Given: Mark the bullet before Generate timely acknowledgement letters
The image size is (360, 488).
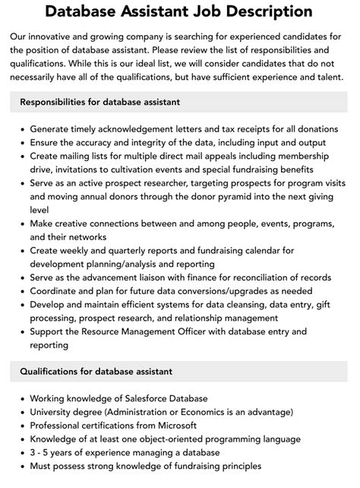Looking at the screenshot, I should tap(22, 129).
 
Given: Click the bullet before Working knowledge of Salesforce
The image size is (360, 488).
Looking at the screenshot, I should tap(22, 398).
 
